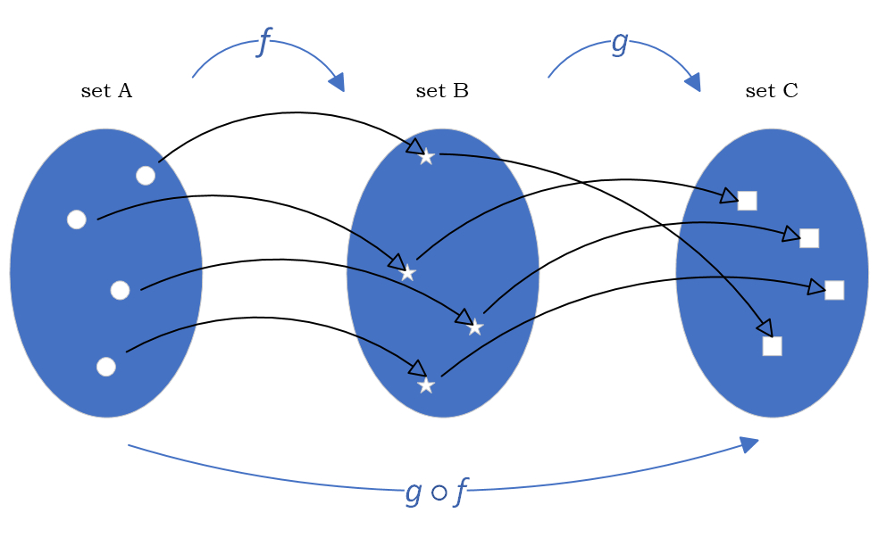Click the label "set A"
point(106,91)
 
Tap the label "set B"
point(442,91)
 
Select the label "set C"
point(772,91)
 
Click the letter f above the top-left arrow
point(263,41)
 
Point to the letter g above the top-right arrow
point(619,42)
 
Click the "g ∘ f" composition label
point(437,492)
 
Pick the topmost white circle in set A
point(146,176)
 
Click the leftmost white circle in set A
point(77,219)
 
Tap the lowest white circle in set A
point(106,367)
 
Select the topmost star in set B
point(426,157)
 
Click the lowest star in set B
point(426,385)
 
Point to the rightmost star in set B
point(474,327)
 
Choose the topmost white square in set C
point(747,201)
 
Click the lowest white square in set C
point(772,346)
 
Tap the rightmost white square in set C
point(834,290)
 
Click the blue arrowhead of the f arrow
point(337,82)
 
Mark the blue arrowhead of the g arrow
point(692,82)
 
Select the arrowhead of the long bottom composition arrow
point(748,444)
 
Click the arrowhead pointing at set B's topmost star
point(414,145)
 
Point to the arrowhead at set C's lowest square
point(764,328)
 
